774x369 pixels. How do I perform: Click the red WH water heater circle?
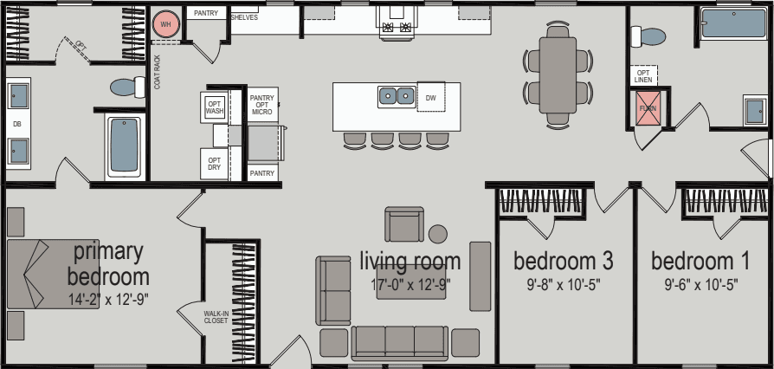click(x=164, y=25)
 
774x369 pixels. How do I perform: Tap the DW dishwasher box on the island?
click(x=430, y=99)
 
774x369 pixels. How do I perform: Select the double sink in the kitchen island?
click(x=397, y=95)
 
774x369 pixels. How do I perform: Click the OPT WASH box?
click(x=215, y=107)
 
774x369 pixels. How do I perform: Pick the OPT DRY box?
click(x=214, y=161)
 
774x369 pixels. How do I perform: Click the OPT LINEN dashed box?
click(x=643, y=76)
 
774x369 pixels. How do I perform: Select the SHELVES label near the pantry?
click(x=244, y=17)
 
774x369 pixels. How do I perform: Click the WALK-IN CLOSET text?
click(x=216, y=317)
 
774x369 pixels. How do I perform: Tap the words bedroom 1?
click(x=700, y=261)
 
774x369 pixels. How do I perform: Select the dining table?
click(x=558, y=73)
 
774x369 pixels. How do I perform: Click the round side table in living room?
click(x=438, y=234)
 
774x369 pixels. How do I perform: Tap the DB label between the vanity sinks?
click(x=16, y=124)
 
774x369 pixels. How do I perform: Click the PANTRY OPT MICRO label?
click(x=261, y=105)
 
